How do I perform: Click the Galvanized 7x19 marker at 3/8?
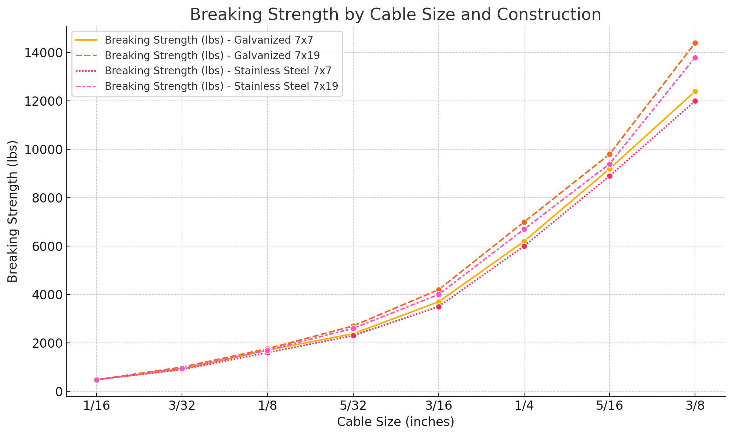click(x=695, y=43)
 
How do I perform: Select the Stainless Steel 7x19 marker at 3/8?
click(x=695, y=58)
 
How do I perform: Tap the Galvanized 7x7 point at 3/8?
click(x=695, y=91)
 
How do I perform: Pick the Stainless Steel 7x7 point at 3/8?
click(x=695, y=101)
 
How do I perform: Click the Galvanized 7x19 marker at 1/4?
click(x=524, y=222)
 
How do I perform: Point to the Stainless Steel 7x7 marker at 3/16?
click(x=439, y=307)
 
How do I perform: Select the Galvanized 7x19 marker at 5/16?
click(x=610, y=154)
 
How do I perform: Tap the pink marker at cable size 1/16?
click(x=97, y=380)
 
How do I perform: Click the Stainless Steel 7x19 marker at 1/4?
click(x=524, y=229)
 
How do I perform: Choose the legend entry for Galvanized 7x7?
click(x=209, y=40)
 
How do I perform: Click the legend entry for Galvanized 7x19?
click(x=212, y=55)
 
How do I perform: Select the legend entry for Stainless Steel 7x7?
click(x=218, y=71)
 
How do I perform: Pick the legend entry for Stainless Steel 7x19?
click(x=221, y=86)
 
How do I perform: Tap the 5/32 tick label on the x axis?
click(x=353, y=406)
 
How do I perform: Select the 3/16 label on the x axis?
click(x=439, y=406)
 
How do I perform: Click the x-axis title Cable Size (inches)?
click(x=395, y=422)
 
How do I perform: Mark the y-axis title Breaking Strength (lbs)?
click(x=13, y=211)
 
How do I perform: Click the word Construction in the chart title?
click(x=549, y=15)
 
